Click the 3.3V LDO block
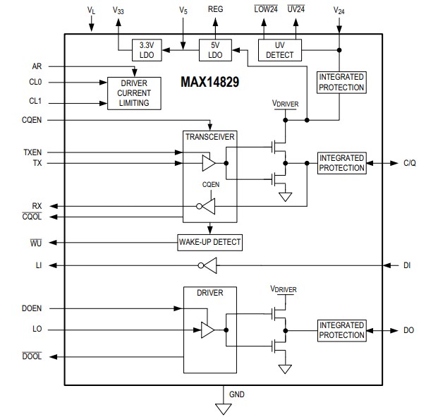point(147,50)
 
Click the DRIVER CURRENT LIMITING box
point(134,94)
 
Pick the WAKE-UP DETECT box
point(209,242)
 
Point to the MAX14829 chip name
point(209,83)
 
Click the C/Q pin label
point(410,163)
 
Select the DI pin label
point(408,265)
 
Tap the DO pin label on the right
point(408,330)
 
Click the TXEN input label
point(33,152)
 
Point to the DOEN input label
point(32,308)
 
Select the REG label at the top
point(216,10)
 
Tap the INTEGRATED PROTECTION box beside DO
point(341,330)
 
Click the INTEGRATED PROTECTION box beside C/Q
point(341,163)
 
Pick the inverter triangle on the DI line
point(209,265)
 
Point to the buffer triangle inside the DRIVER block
point(208,330)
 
